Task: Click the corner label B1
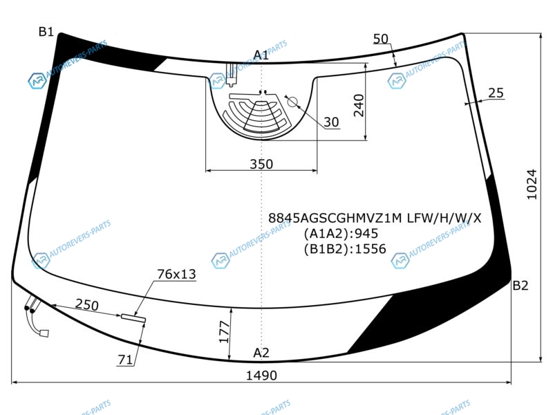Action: pos(46,32)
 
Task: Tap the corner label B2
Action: pos(521,285)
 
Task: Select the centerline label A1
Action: pos(261,55)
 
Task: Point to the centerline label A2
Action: pos(261,353)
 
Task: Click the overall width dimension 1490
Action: pos(261,376)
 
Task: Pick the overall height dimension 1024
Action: pos(532,185)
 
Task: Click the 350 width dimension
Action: pos(261,164)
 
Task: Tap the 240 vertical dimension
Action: pos(359,105)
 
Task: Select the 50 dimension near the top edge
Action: pos(381,39)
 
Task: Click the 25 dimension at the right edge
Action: pos(496,93)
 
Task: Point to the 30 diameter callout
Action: pos(331,122)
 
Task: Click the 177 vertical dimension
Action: pos(224,332)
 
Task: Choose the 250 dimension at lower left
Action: pos(87,305)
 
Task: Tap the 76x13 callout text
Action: pos(176,274)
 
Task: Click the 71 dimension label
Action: pos(125,360)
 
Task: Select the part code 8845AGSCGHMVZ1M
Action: pos(335,218)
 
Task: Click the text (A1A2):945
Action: pos(341,234)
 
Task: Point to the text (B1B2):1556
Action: pos(345,249)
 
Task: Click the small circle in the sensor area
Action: pos(292,102)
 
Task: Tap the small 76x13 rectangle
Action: pos(133,318)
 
